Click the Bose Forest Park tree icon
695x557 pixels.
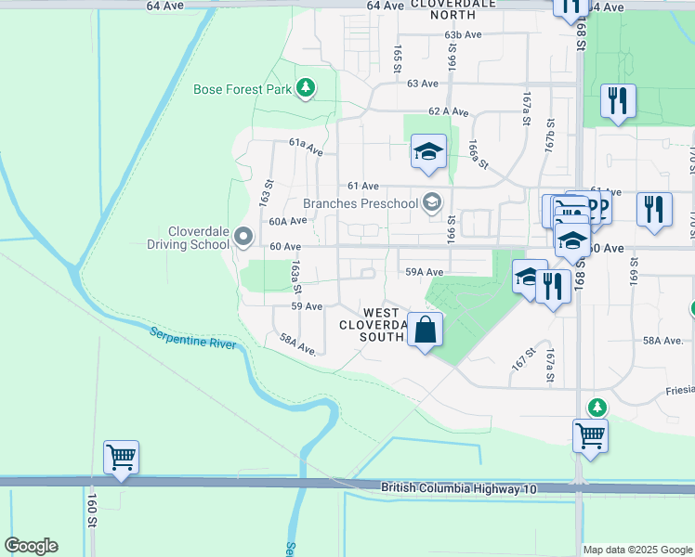point(306,89)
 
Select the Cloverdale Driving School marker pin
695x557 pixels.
point(243,238)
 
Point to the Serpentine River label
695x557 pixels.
point(193,338)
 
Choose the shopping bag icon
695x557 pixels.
point(425,330)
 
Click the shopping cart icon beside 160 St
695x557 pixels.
point(121,458)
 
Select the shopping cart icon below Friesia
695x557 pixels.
point(591,435)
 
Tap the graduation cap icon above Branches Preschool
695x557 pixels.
point(428,152)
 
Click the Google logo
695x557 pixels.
point(31,546)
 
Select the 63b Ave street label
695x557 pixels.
point(463,34)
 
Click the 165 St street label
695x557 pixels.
point(397,58)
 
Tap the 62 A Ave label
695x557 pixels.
point(448,110)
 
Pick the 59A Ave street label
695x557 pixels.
point(424,272)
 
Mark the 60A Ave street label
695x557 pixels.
point(287,221)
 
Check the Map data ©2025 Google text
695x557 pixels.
point(638,550)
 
